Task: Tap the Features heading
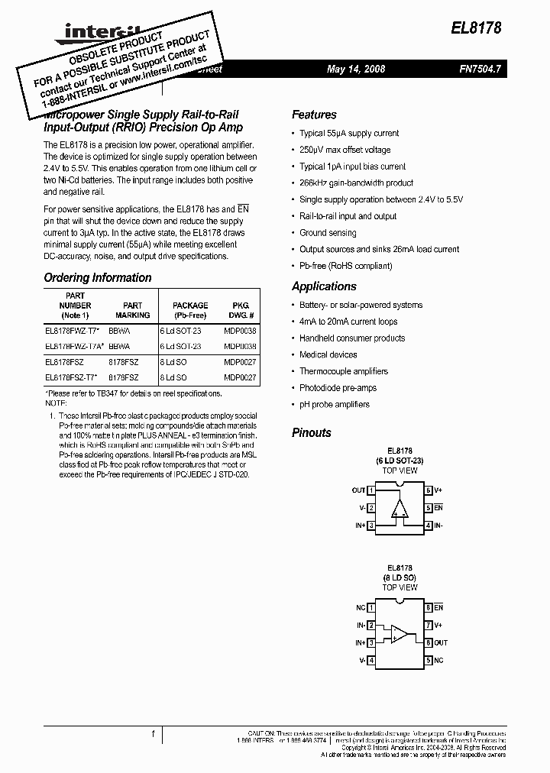tap(314, 115)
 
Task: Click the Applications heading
tap(324, 286)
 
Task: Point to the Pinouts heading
tap(312, 432)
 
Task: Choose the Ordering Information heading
tap(98, 278)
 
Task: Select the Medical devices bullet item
tap(328, 354)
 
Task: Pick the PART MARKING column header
tap(133, 310)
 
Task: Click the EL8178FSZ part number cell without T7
tap(65, 363)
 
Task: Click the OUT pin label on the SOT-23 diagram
tap(358, 490)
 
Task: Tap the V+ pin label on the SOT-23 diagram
tap(439, 490)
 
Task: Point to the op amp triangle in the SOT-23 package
tap(400, 509)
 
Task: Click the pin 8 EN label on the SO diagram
tap(438, 608)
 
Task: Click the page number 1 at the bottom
tap(153, 735)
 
